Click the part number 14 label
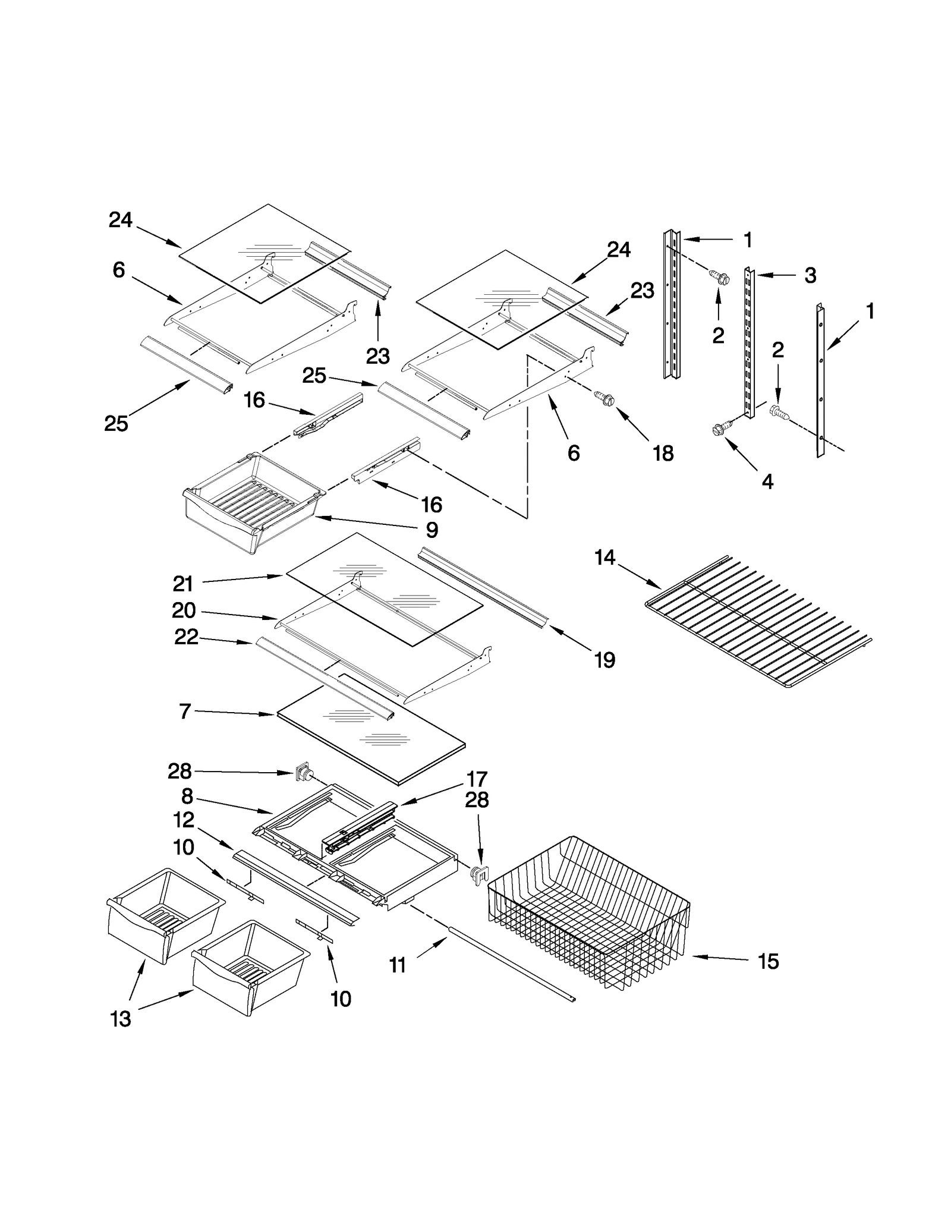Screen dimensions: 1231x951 click(x=604, y=558)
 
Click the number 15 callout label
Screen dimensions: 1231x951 click(x=768, y=961)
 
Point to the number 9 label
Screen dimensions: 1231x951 click(x=432, y=530)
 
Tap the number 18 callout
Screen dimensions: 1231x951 click(x=663, y=454)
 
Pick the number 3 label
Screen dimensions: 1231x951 click(x=810, y=276)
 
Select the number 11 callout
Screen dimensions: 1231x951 click(x=397, y=965)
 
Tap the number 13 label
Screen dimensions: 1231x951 click(x=121, y=1019)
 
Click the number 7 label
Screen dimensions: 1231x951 click(x=185, y=711)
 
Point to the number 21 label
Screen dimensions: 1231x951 click(x=182, y=584)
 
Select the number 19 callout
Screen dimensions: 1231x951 click(x=604, y=660)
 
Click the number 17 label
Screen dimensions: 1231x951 click(x=477, y=779)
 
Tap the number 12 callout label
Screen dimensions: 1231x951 click(x=184, y=820)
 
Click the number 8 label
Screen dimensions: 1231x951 click(x=187, y=796)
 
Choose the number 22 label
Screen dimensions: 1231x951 click(x=186, y=637)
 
